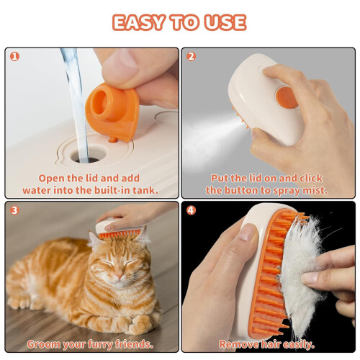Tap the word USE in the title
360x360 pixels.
pos(225,22)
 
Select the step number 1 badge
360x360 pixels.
pos(14,57)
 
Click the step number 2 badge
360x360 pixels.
pos(191,57)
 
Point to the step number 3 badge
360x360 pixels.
pos(14,210)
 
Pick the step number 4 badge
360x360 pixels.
pos(191,210)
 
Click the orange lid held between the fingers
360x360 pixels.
pos(112,112)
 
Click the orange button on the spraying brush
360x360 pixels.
pos(287,98)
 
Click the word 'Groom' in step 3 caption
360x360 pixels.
pos(43,344)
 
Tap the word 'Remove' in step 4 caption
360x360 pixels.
pos(238,344)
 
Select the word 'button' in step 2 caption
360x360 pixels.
pos(241,190)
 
